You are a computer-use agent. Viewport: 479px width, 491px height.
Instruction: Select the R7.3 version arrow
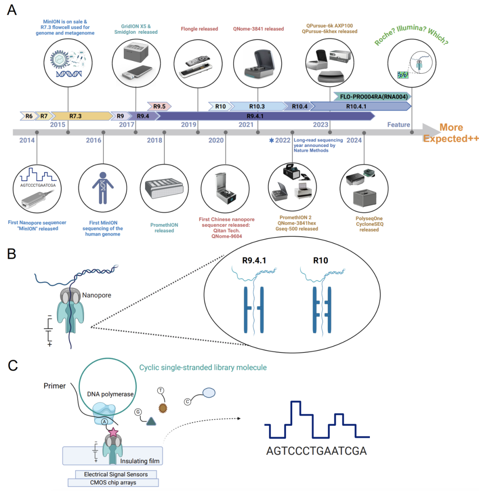[x=75, y=116]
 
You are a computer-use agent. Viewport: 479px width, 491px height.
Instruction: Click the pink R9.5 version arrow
[x=159, y=106]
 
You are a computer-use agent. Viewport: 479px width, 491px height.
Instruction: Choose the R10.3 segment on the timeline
[x=257, y=106]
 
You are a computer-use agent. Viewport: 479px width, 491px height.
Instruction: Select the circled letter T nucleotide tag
[x=161, y=390]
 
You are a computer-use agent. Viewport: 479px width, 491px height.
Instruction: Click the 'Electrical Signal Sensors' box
[x=116, y=474]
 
